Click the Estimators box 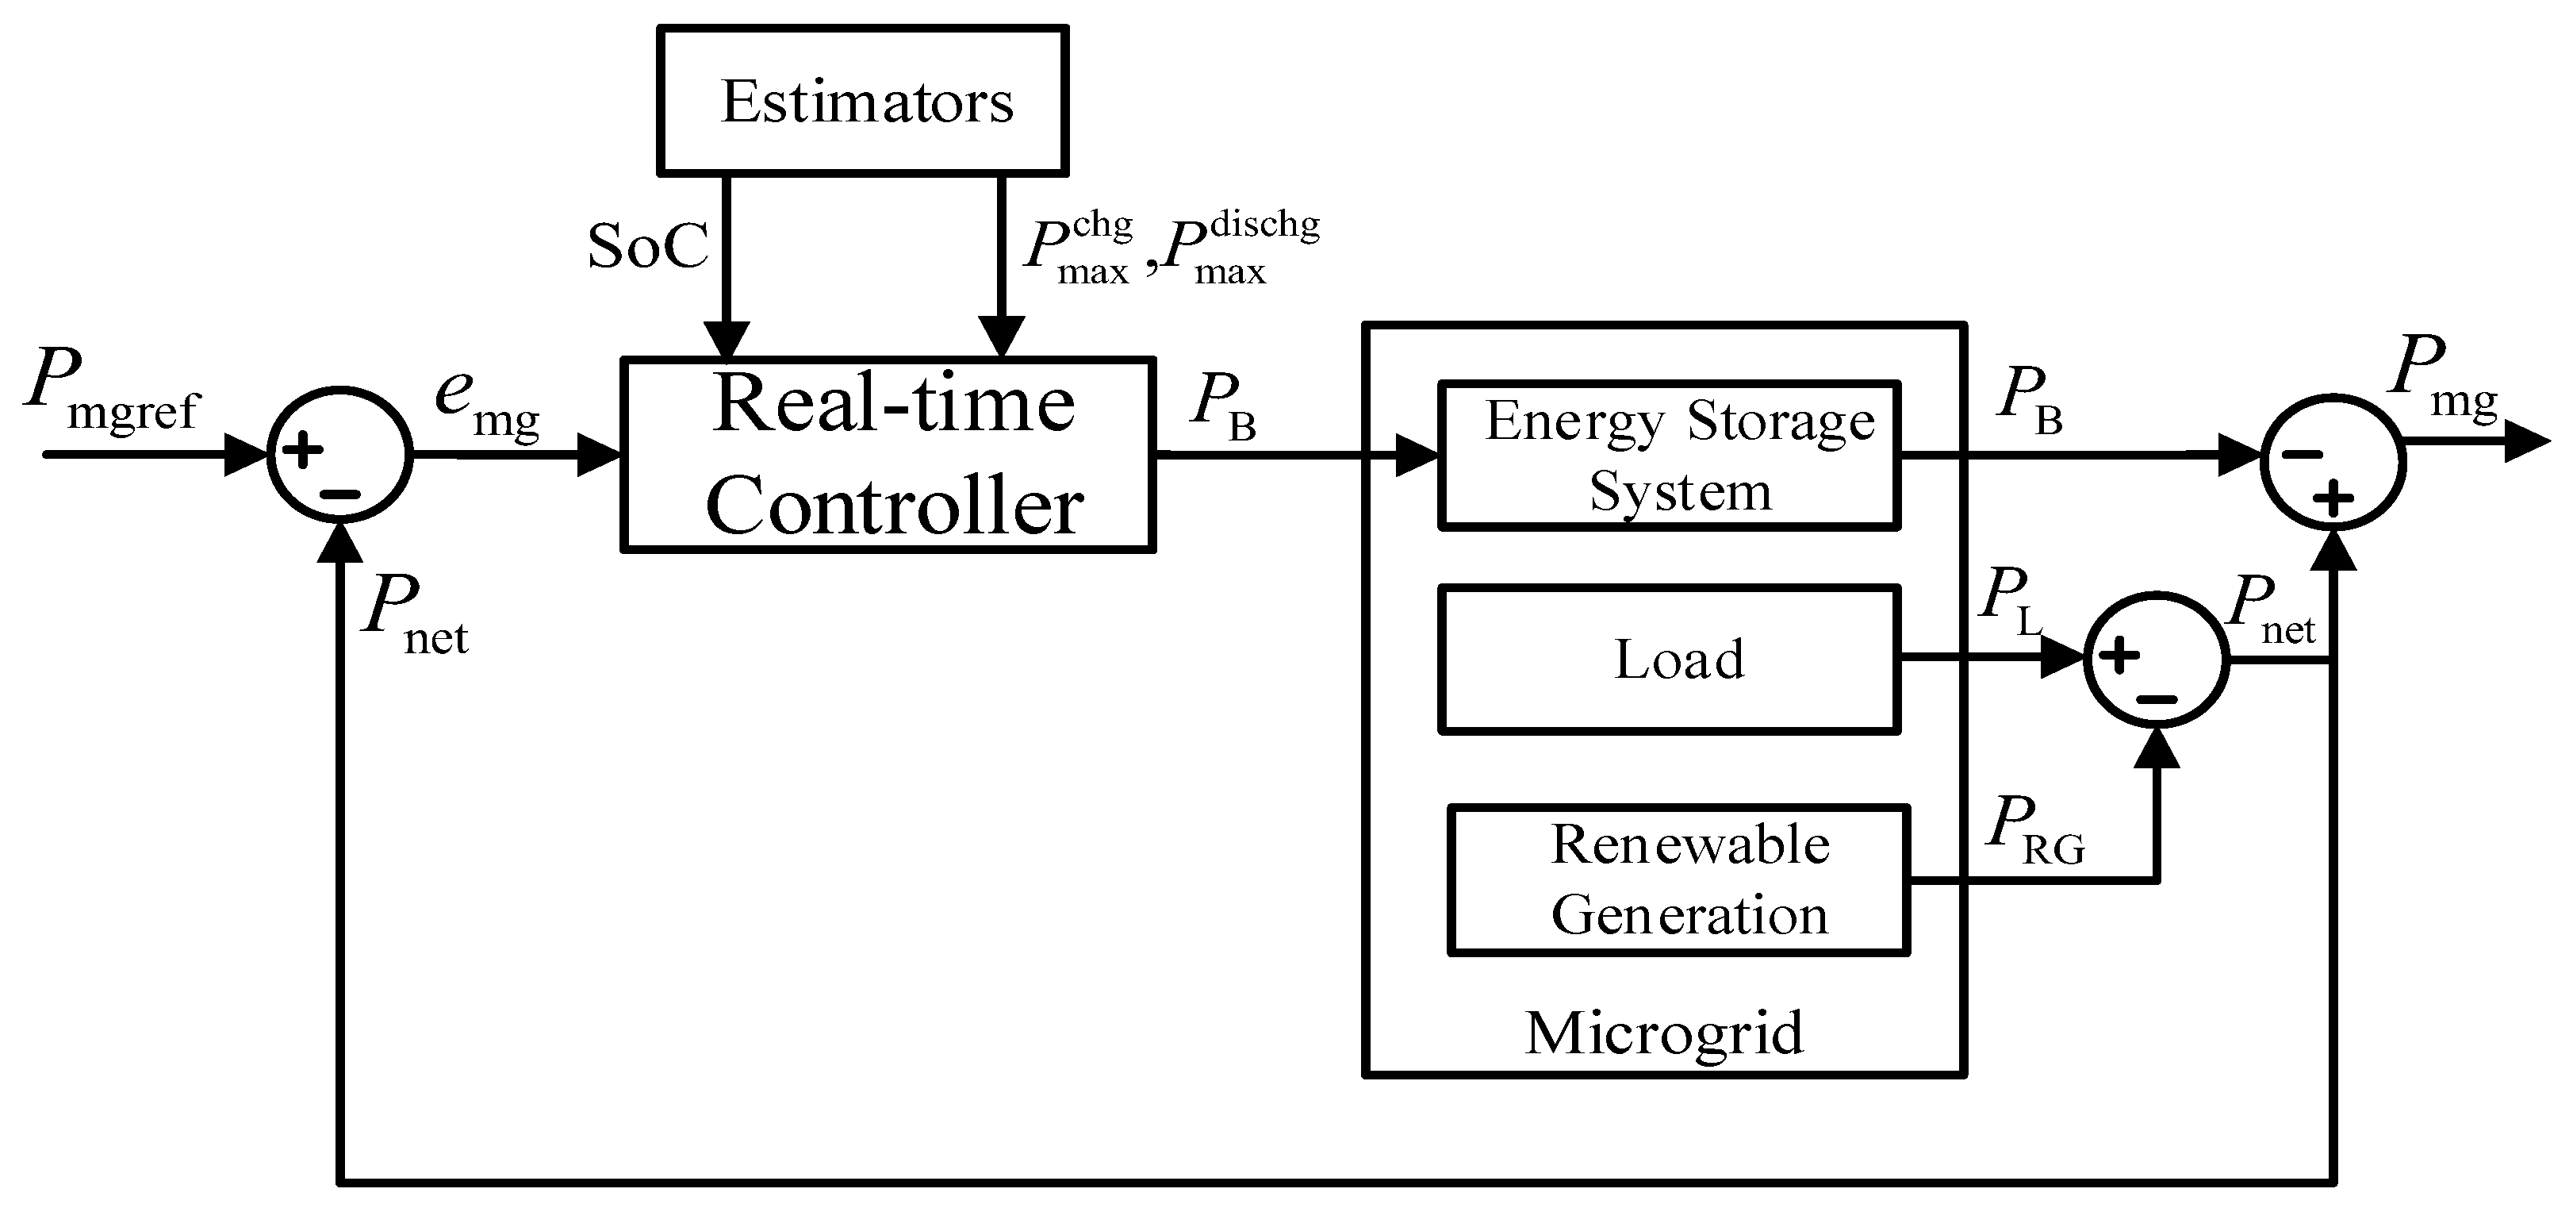coord(863,100)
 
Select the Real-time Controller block coord(888,455)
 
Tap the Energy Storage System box coord(1668,455)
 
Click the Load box coord(1668,660)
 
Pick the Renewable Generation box coord(1678,880)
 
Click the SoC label coord(647,246)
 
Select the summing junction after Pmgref coord(339,455)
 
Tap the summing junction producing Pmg coord(2334,463)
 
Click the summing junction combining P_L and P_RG coord(2157,660)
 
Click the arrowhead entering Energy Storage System coord(1417,456)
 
